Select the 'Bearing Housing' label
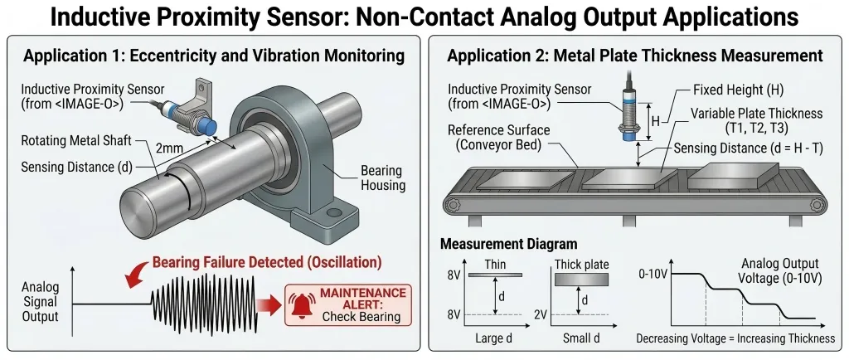tap(382, 178)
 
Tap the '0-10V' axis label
tap(652, 273)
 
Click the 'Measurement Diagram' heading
tap(508, 244)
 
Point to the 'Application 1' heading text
tap(214, 56)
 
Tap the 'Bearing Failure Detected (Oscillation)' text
tap(267, 263)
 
